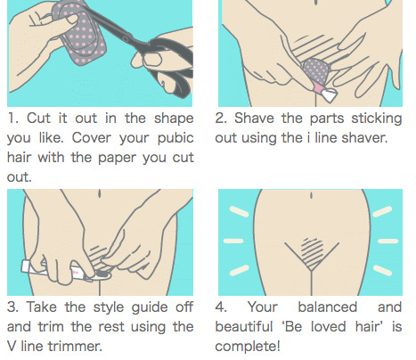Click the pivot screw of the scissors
tap(126, 39)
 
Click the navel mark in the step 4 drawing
tap(311, 196)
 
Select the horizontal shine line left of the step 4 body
tap(233, 241)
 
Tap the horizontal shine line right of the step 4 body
tap(387, 241)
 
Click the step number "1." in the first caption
tap(13, 119)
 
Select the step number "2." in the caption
tap(221, 119)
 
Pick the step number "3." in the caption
tap(13, 307)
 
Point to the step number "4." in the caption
tap(221, 307)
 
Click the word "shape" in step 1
tap(174, 119)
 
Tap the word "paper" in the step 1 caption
tap(117, 159)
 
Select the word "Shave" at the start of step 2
tap(254, 119)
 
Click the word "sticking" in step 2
tap(377, 119)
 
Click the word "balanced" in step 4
tap(327, 307)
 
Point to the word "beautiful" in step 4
tap(244, 327)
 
